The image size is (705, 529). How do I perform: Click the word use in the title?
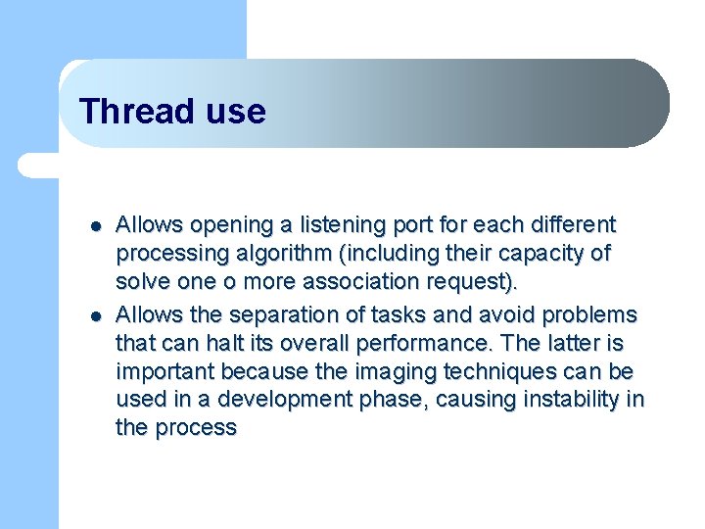pos(236,114)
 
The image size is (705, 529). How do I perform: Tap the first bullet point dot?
pos(96,226)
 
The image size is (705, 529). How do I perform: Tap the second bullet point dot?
pos(96,316)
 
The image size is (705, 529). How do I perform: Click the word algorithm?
pos(284,254)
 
